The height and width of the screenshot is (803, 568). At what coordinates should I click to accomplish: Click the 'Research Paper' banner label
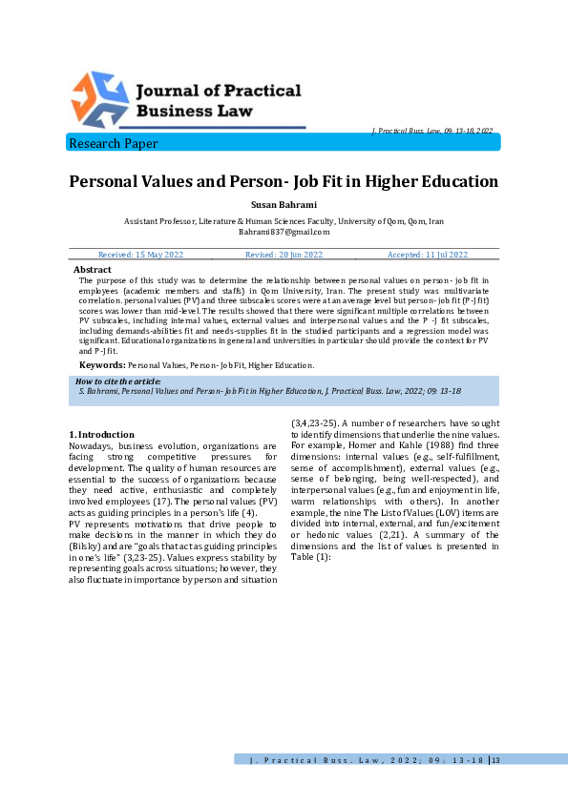click(113, 144)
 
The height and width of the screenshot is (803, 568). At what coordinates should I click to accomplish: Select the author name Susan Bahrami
click(284, 204)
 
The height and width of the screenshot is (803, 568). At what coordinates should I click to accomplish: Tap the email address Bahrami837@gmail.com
click(284, 232)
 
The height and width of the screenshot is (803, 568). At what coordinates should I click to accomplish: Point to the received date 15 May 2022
click(141, 255)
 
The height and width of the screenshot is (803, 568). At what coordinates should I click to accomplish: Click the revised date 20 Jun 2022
click(284, 255)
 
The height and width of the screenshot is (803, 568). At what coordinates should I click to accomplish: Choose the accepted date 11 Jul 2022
click(427, 255)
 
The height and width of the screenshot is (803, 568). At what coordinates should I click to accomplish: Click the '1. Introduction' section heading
click(102, 435)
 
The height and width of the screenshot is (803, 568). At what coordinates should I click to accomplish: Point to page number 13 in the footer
click(494, 759)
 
